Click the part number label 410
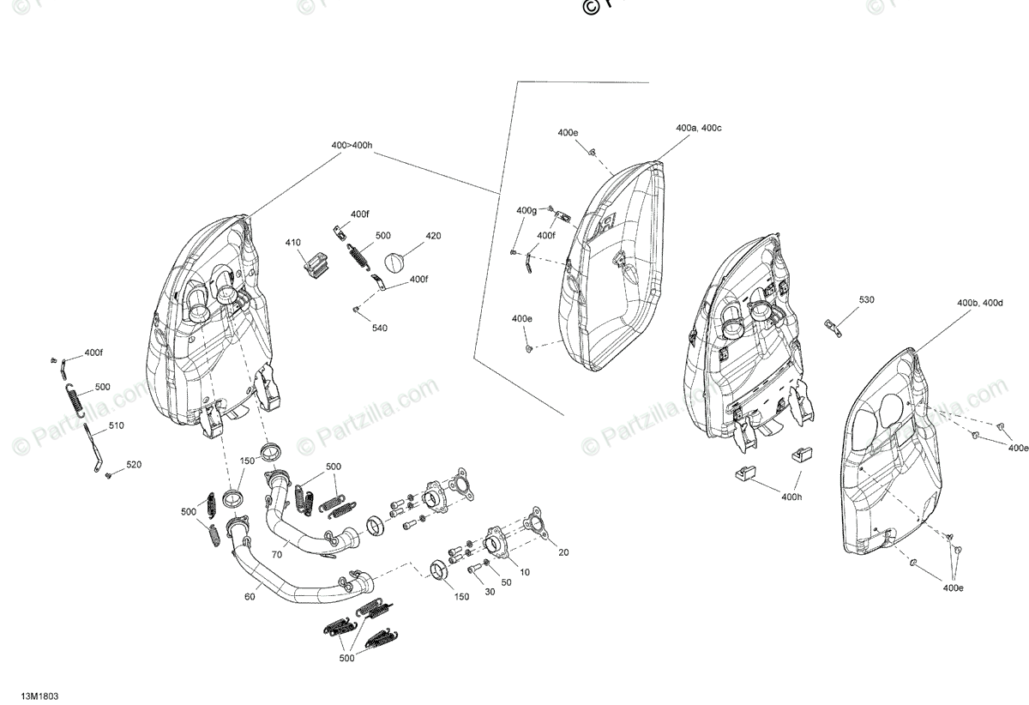[294, 243]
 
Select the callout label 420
[433, 235]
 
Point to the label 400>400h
[352, 146]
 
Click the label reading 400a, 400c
[699, 128]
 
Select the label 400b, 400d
[980, 303]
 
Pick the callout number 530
[867, 299]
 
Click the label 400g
[527, 210]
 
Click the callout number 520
[134, 465]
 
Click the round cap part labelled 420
[394, 262]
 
